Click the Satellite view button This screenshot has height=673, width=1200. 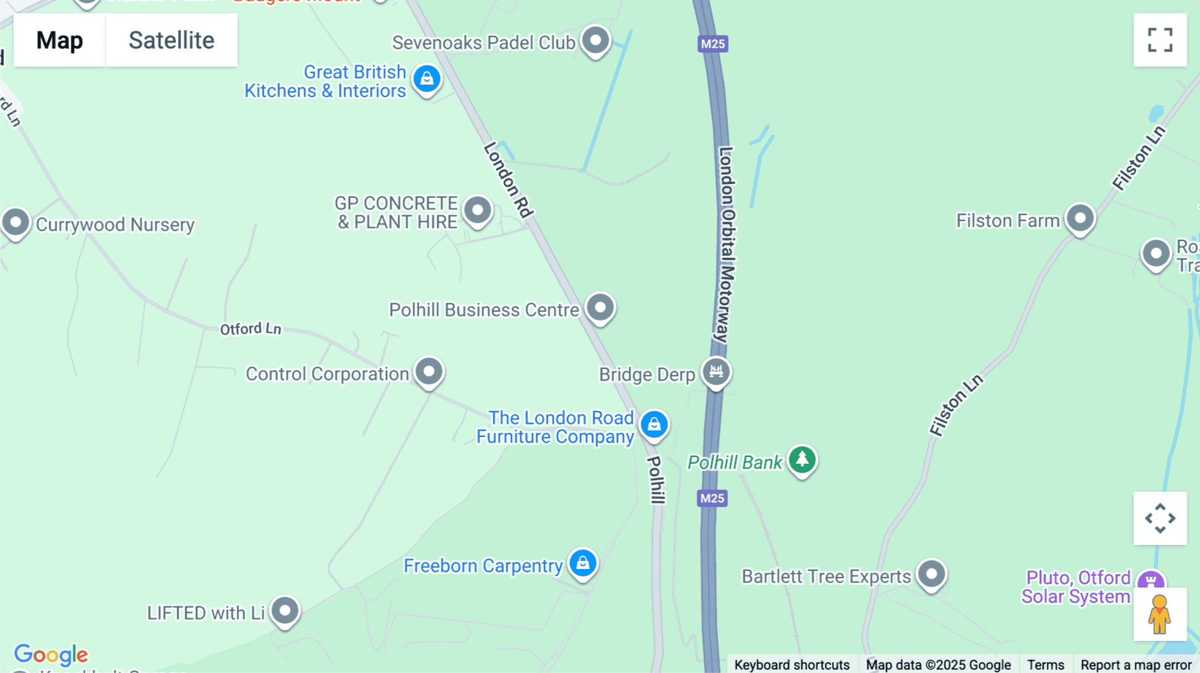pyautogui.click(x=171, y=40)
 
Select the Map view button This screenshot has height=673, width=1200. pyautogui.click(x=59, y=40)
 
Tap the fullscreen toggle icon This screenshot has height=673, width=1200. pyautogui.click(x=1160, y=40)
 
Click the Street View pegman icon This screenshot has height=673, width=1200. pyautogui.click(x=1160, y=614)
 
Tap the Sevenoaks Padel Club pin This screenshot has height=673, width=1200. pyautogui.click(x=595, y=40)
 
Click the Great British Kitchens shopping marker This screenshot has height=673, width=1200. pyautogui.click(x=427, y=79)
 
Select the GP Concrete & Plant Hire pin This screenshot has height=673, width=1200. pyautogui.click(x=477, y=211)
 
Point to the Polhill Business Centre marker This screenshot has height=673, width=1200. pyautogui.click(x=600, y=307)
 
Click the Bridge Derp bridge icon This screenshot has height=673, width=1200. pyautogui.click(x=716, y=371)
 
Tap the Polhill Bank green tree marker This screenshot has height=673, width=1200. pyautogui.click(x=802, y=459)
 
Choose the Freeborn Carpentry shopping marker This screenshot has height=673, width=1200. pyautogui.click(x=583, y=563)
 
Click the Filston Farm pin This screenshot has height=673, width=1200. pyautogui.click(x=1080, y=218)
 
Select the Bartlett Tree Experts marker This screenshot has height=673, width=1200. pyautogui.click(x=931, y=574)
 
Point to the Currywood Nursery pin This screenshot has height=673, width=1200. pyautogui.click(x=16, y=222)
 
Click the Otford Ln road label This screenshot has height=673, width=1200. pyautogui.click(x=251, y=329)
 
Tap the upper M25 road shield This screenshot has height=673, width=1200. pyautogui.click(x=713, y=44)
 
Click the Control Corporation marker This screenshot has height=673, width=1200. pyautogui.click(x=429, y=370)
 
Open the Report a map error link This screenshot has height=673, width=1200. pyautogui.click(x=1136, y=664)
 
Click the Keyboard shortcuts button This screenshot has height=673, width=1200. pyautogui.click(x=791, y=664)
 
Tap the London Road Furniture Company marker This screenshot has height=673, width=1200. pyautogui.click(x=654, y=424)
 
